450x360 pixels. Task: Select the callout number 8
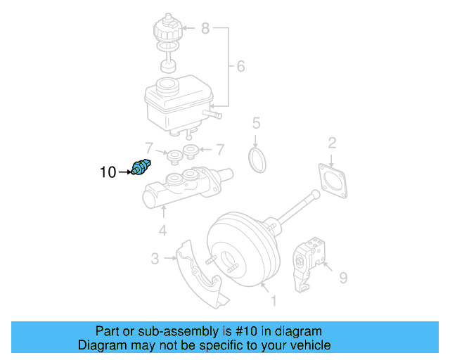click(x=205, y=29)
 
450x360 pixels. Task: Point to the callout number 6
click(x=240, y=67)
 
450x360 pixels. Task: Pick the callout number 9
click(x=343, y=278)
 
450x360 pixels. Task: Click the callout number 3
click(x=155, y=259)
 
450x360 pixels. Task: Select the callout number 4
click(x=162, y=230)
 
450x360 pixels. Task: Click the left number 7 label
click(x=148, y=149)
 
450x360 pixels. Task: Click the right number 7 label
click(x=219, y=149)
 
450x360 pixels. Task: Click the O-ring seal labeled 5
click(x=258, y=160)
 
